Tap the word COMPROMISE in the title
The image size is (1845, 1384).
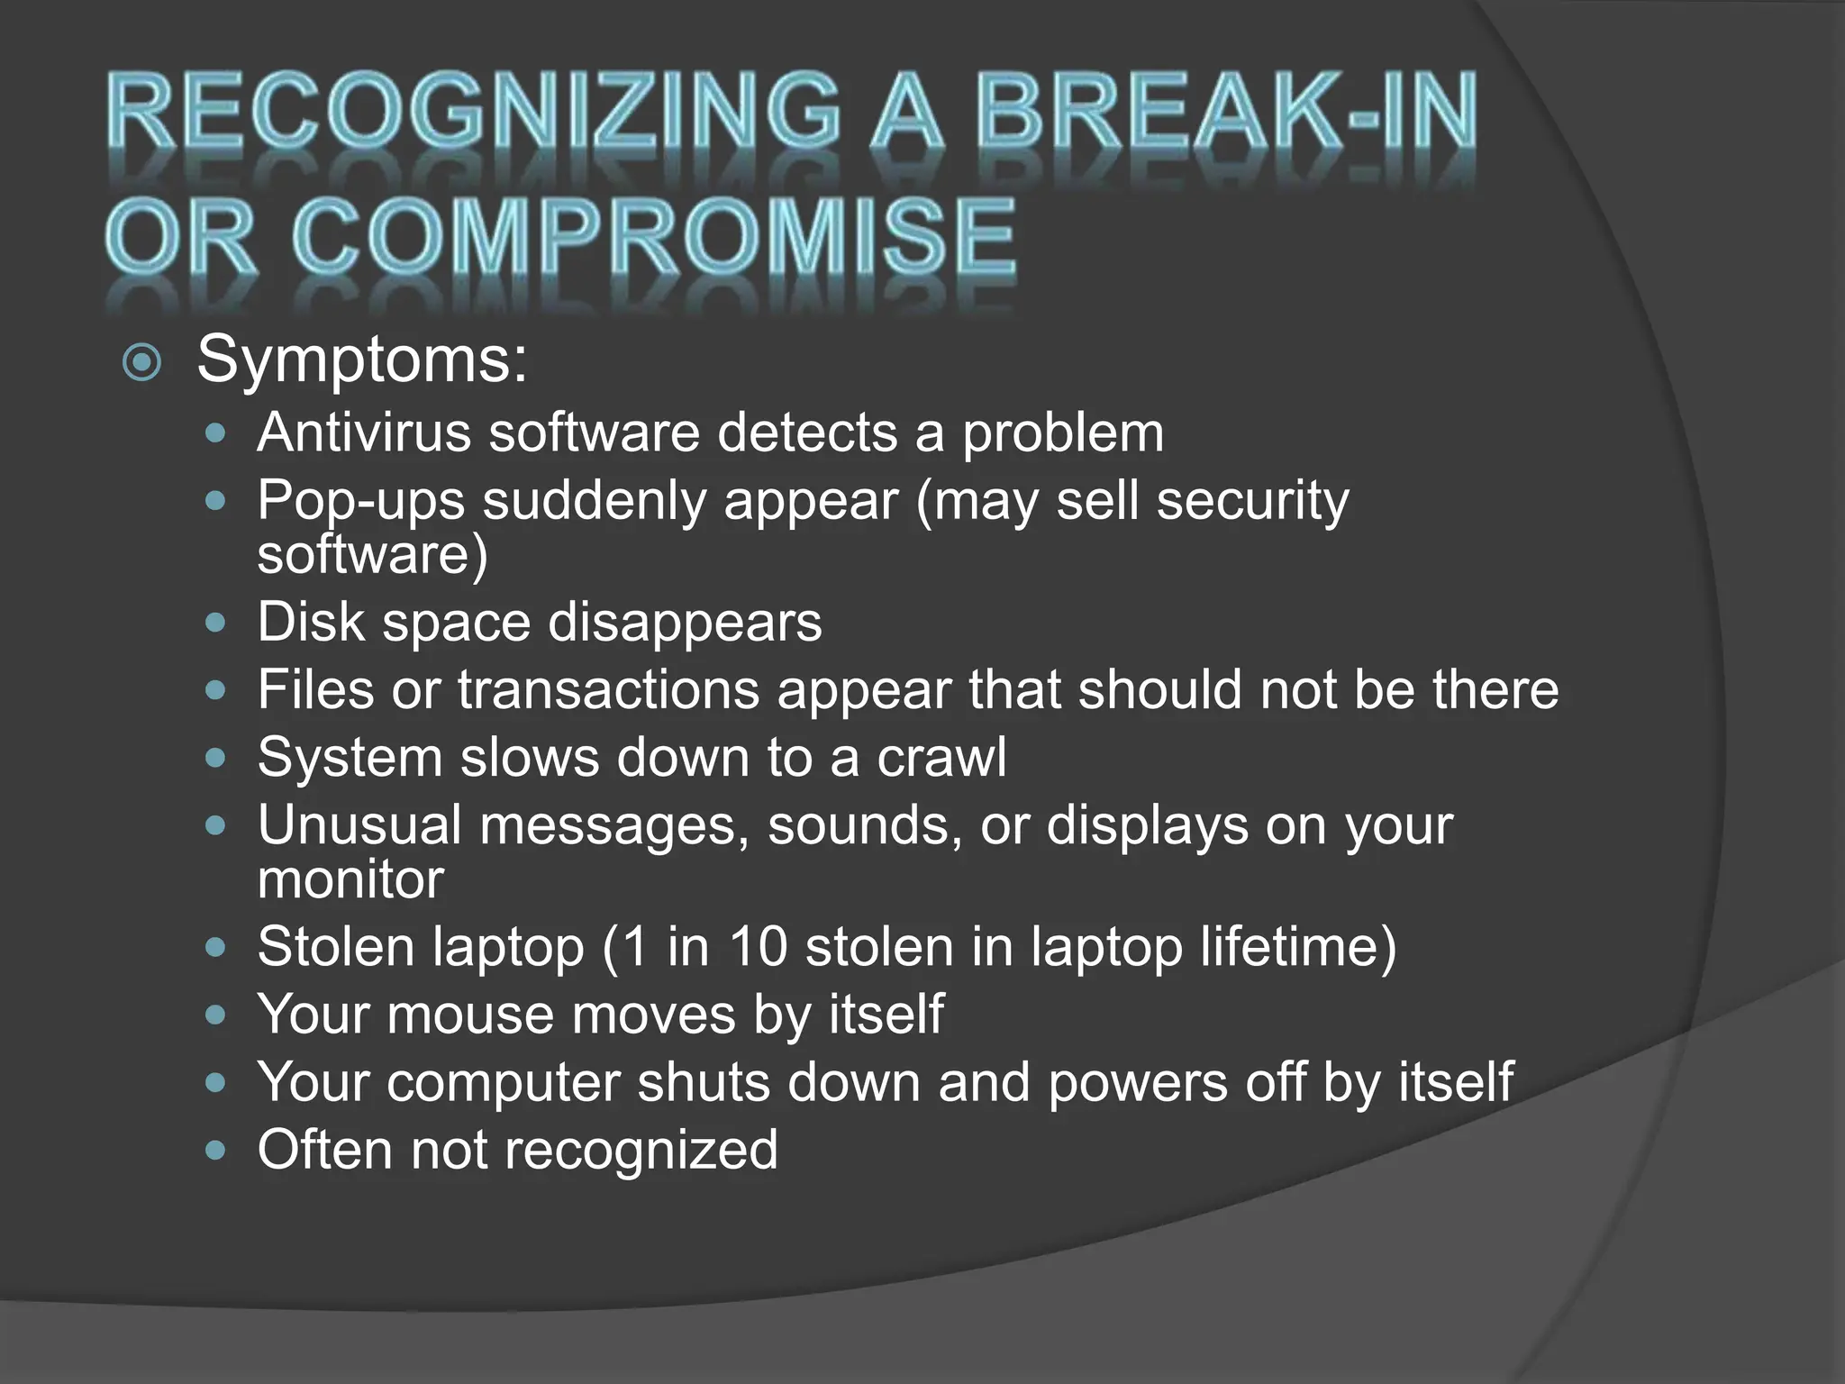coord(652,238)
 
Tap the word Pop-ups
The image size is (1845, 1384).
coord(360,501)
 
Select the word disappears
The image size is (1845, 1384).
coord(685,622)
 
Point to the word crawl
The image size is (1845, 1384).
coord(941,757)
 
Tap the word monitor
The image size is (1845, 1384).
coord(350,879)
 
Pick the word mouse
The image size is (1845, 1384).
coord(469,1015)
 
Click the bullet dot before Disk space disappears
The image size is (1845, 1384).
coord(214,623)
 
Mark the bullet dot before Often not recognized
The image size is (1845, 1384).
coord(214,1151)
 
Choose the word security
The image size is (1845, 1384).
coord(1252,501)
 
